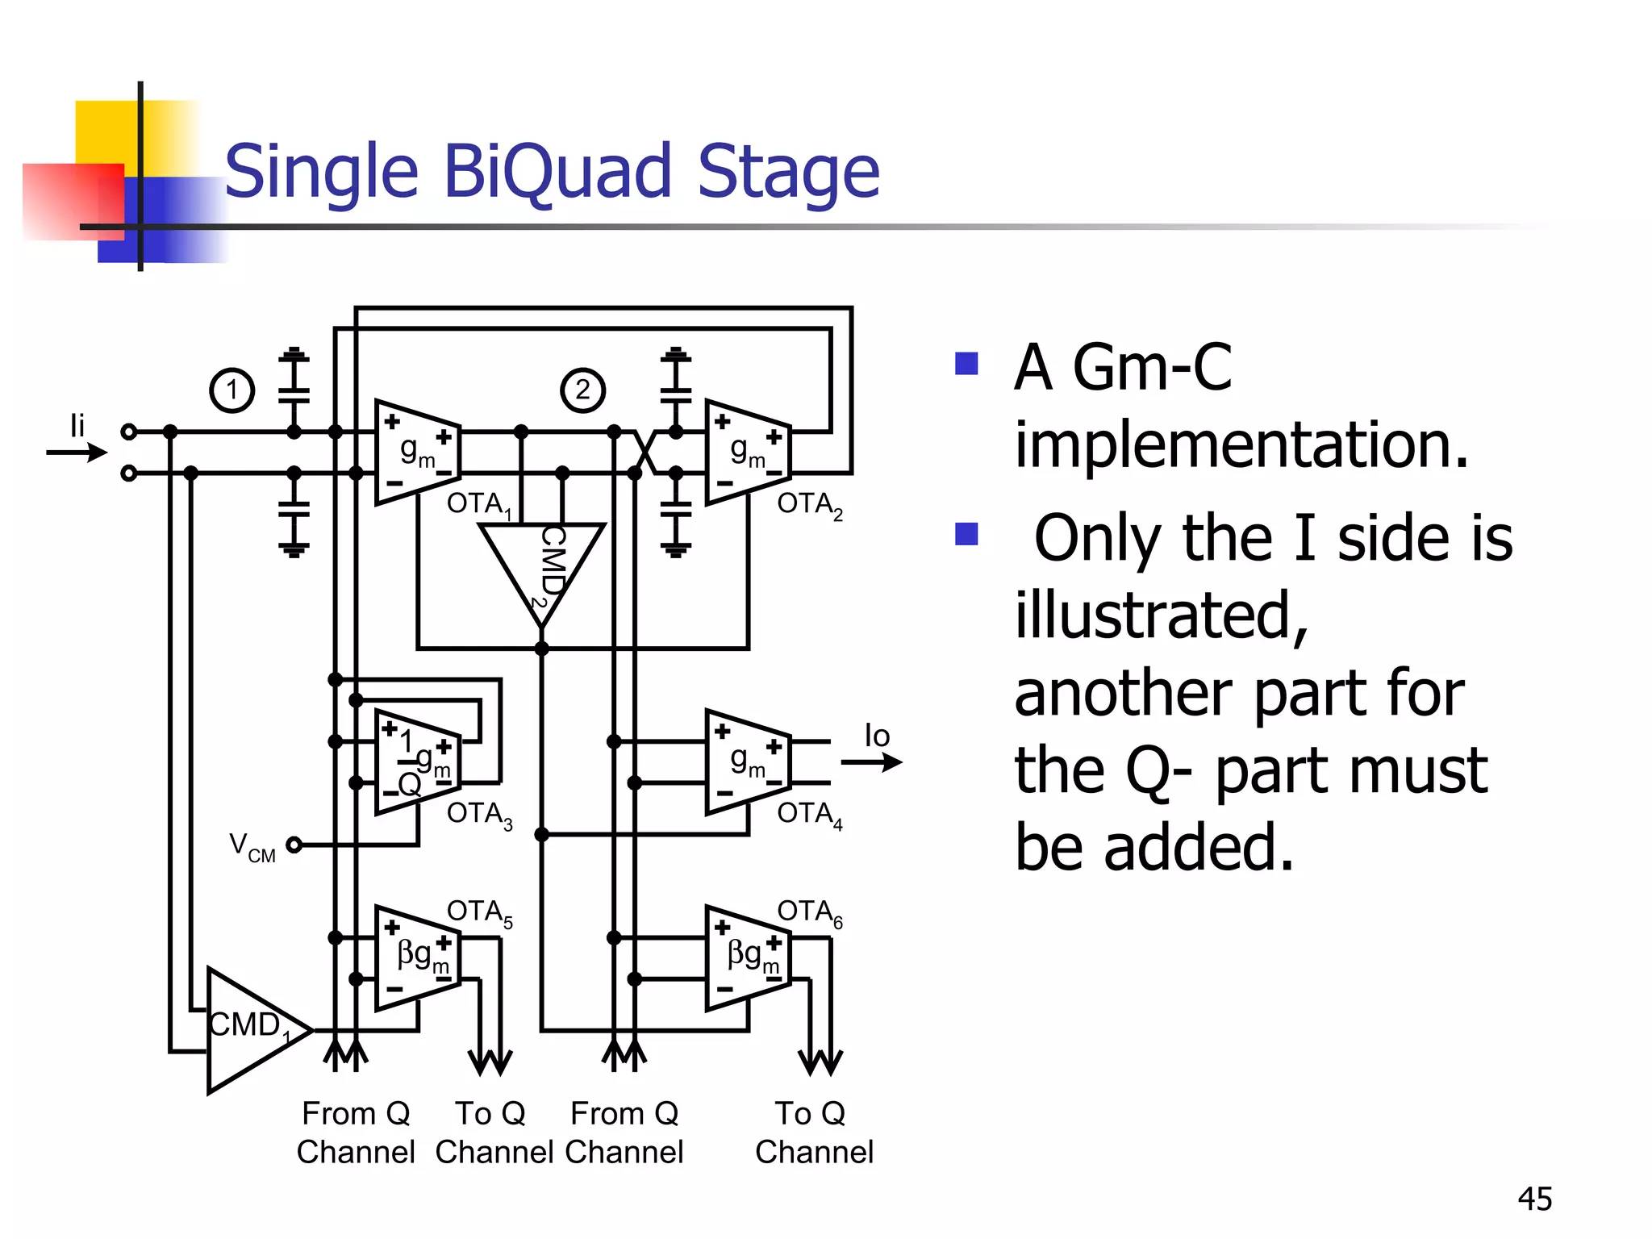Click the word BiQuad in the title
[x=557, y=171]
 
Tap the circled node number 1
[x=232, y=390]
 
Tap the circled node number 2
[x=582, y=390]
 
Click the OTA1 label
[x=478, y=504]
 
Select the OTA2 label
[x=809, y=504]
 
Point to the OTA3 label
[x=479, y=814]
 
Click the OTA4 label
[x=809, y=814]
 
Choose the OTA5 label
[x=479, y=912]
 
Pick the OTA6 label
[x=809, y=912]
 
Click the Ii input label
[x=77, y=425]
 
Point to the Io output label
[x=877, y=736]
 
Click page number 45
[x=1534, y=1199]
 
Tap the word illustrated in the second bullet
[x=1160, y=615]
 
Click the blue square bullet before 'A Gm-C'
[x=966, y=364]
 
